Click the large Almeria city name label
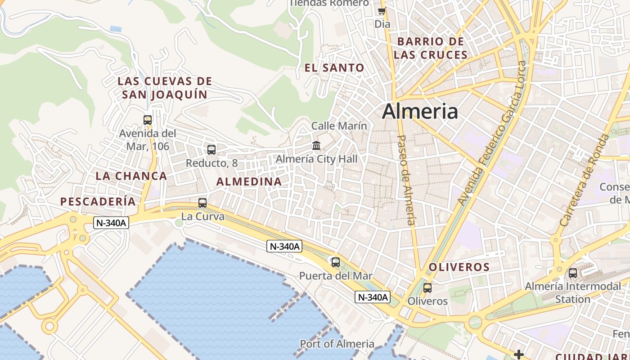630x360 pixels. [x=420, y=111]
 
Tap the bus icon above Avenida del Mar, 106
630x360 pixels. [x=148, y=120]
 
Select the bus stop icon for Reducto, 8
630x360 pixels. [x=211, y=150]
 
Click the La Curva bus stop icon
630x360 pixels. [x=202, y=203]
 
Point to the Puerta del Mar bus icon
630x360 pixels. [x=335, y=262]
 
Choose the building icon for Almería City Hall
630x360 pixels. [x=316, y=146]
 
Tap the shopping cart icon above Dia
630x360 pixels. [x=382, y=11]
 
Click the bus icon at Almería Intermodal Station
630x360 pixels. [x=573, y=273]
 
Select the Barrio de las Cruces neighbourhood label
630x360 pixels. [x=431, y=48]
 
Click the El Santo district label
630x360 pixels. [x=334, y=68]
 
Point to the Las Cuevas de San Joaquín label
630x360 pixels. [x=165, y=88]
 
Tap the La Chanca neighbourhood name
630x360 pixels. [x=131, y=176]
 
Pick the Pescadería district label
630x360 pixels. [x=98, y=202]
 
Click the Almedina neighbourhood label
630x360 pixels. [x=249, y=181]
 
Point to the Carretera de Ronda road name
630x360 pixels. [x=585, y=180]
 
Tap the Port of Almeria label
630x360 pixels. [x=337, y=344]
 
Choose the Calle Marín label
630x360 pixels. [x=339, y=126]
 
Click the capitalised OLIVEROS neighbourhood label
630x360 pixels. [x=459, y=267]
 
